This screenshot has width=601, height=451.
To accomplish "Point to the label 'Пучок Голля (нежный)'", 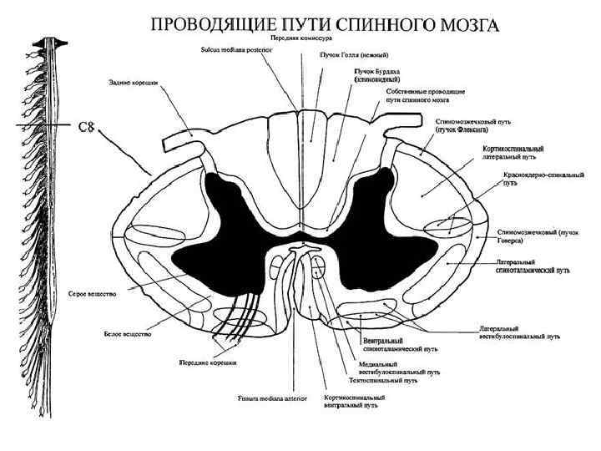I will tap(350, 53).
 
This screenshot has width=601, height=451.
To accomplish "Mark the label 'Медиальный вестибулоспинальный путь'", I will tap(383, 367).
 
